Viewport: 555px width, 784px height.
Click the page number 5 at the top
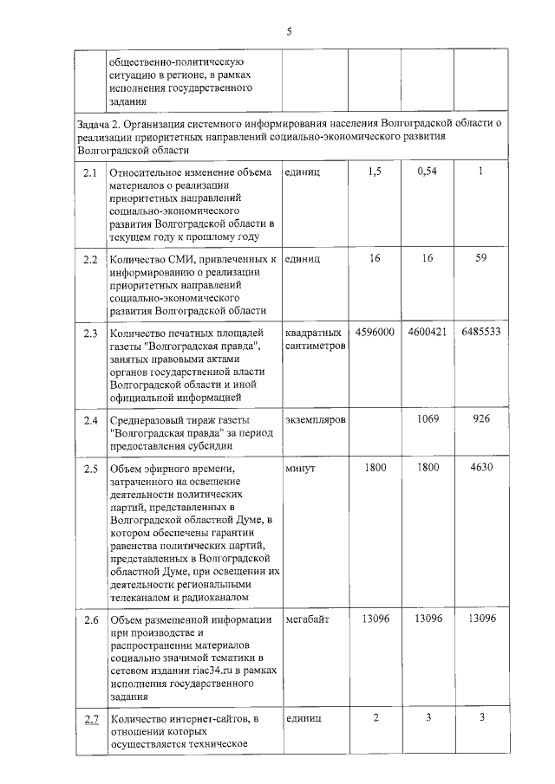tap(289, 32)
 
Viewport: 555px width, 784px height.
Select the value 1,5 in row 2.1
tap(375, 172)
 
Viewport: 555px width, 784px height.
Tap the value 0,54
tap(427, 172)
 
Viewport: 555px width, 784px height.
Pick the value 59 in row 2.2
tap(480, 258)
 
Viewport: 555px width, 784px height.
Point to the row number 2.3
tap(90, 333)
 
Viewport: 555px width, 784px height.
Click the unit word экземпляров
tap(316, 419)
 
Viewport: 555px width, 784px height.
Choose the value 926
tap(480, 419)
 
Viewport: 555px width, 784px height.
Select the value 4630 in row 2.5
tap(480, 468)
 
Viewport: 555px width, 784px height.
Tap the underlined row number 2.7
tap(90, 719)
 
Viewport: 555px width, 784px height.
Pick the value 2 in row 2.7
tap(375, 718)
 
